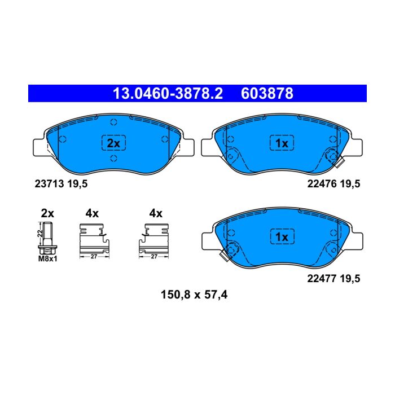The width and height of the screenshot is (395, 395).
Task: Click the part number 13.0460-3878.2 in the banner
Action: click(x=168, y=94)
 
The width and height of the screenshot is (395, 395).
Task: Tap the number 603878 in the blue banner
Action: click(x=267, y=94)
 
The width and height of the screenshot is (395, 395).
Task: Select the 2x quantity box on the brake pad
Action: click(x=113, y=143)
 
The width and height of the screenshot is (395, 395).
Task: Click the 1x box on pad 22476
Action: click(x=282, y=143)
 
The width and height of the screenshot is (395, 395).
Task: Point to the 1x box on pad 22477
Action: click(x=282, y=236)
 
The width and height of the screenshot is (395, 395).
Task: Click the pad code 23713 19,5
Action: click(x=61, y=183)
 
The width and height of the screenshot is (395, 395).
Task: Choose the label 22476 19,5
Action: click(x=333, y=183)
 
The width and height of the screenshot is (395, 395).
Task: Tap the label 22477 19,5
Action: click(x=333, y=278)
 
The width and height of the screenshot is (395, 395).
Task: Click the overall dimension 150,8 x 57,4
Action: click(x=194, y=295)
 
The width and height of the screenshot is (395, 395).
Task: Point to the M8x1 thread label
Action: click(x=47, y=258)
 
